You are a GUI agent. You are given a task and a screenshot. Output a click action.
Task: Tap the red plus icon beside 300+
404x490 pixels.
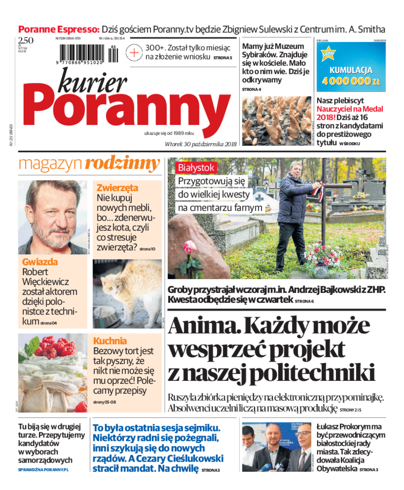click(x=134, y=52)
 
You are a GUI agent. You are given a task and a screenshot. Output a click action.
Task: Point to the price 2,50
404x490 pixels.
click(x=25, y=41)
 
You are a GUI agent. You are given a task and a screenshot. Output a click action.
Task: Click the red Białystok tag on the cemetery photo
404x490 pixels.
click(x=196, y=167)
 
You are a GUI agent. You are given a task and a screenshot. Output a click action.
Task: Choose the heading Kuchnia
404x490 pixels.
click(x=110, y=341)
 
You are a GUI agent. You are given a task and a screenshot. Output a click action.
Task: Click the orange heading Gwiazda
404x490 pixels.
click(x=40, y=262)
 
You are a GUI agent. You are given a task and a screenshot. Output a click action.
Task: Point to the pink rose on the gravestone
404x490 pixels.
click(x=190, y=247)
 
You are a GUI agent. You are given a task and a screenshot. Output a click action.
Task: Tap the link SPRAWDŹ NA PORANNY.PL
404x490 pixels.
click(x=43, y=470)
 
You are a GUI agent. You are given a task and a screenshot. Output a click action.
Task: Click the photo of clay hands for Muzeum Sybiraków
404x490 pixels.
click(x=276, y=121)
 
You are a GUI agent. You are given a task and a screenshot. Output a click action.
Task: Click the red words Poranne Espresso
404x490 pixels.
click(x=59, y=29)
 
